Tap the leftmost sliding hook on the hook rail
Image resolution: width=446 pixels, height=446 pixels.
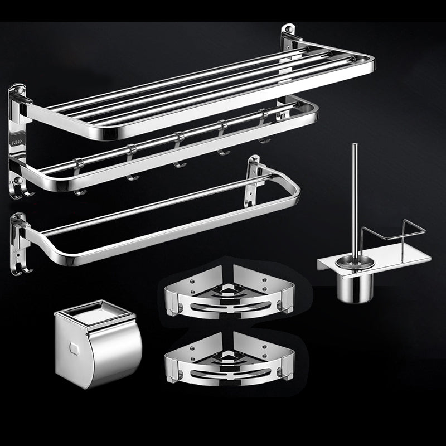tap(79, 178)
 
